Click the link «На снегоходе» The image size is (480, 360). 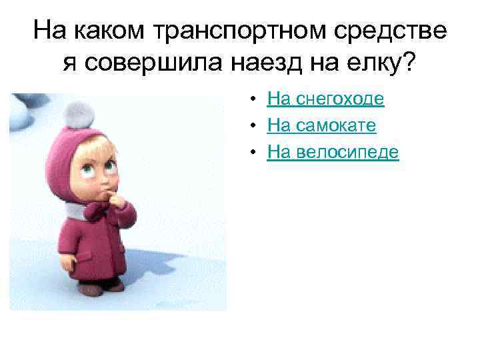click(325, 100)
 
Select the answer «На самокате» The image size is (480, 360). click(321, 126)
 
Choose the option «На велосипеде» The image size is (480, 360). click(333, 153)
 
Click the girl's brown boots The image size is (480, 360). click(100, 287)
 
